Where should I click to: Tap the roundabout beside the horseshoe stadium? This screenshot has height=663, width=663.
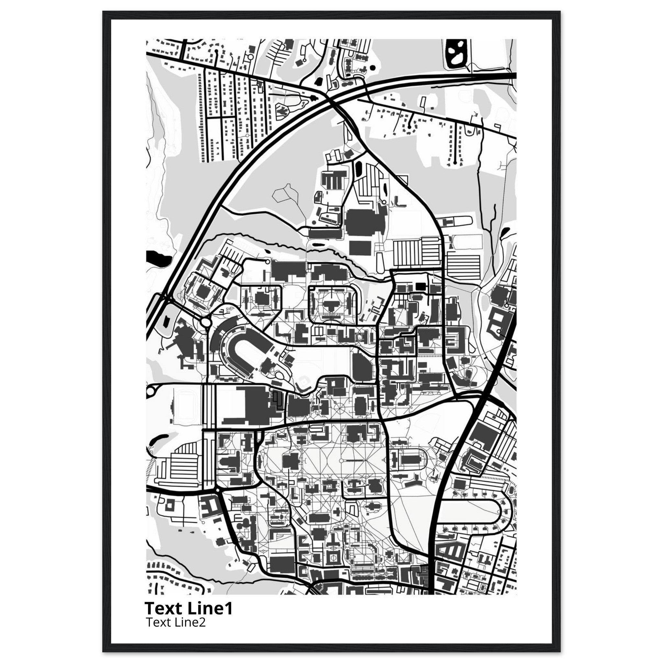[x=206, y=322]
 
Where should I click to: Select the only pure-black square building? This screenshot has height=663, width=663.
[x=419, y=286]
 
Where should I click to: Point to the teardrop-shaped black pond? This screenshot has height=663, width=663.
[x=505, y=234]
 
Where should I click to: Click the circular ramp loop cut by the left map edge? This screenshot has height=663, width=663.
[x=151, y=390]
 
